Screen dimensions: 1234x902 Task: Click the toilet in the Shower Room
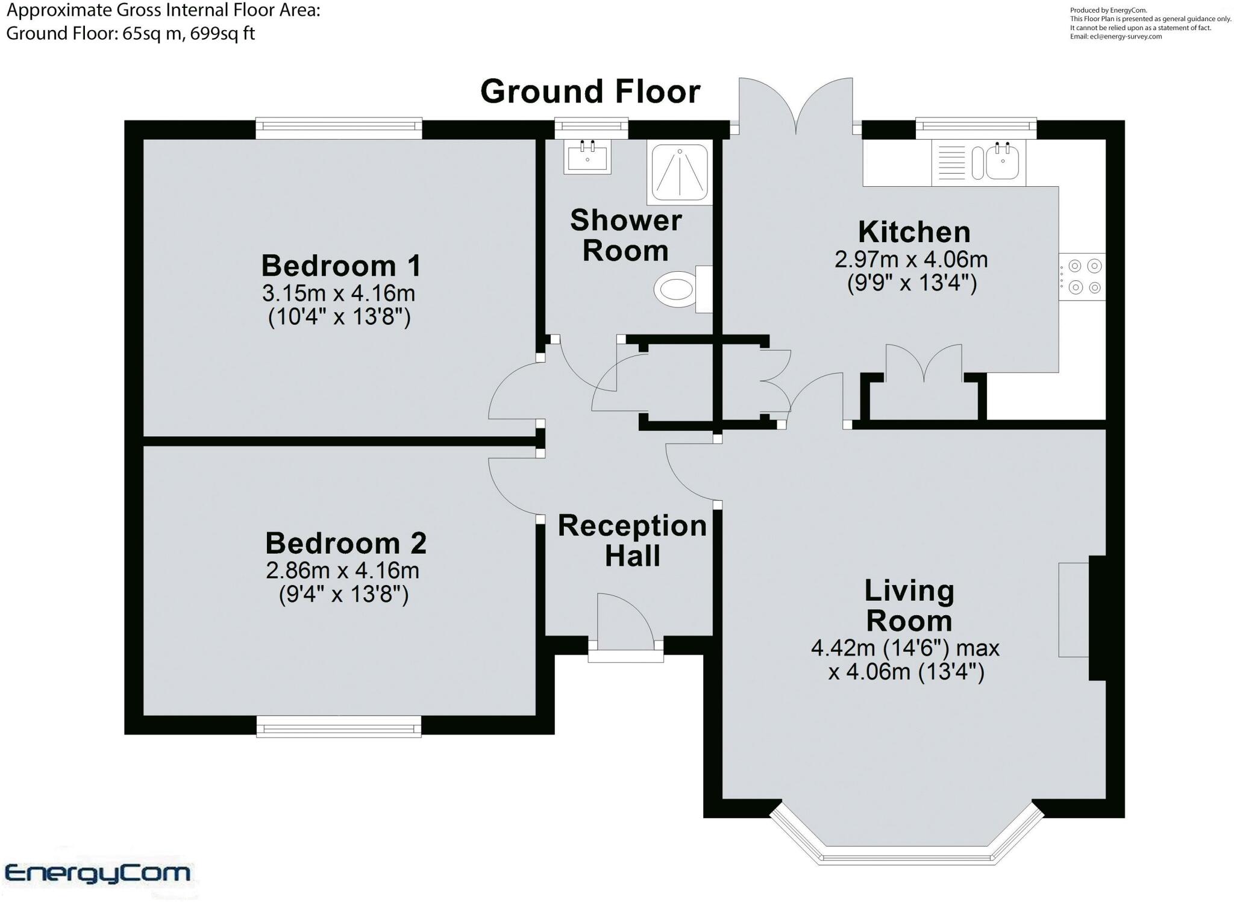click(x=683, y=289)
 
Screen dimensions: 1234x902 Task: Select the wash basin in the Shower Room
click(x=587, y=157)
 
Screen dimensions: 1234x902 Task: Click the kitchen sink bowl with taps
click(x=1003, y=161)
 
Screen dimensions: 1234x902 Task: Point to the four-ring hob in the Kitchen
click(x=1083, y=277)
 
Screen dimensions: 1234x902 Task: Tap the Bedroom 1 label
click(x=341, y=265)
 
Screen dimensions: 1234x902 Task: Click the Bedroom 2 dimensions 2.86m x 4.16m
click(x=343, y=570)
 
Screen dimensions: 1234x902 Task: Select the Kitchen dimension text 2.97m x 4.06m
click(x=911, y=259)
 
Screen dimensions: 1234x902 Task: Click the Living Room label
click(x=909, y=605)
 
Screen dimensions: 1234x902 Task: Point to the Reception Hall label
click(x=632, y=540)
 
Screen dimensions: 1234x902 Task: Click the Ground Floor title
click(x=590, y=92)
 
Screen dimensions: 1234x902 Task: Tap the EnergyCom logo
click(x=98, y=872)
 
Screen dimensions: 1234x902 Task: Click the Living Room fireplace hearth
click(x=1074, y=610)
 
